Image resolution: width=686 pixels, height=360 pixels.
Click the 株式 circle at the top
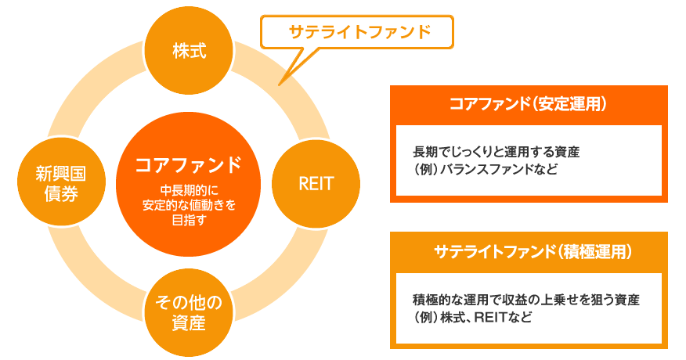pos(189,51)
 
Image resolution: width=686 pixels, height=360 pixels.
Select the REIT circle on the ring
pos(316,184)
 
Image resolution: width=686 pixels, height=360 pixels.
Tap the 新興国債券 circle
pos(56,184)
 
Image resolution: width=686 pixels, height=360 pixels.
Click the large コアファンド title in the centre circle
pos(188,166)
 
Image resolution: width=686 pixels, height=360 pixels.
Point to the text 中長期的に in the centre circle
pos(188,190)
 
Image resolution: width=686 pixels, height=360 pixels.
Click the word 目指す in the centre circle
pos(188,221)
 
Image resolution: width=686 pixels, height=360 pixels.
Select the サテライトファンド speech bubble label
pos(359,32)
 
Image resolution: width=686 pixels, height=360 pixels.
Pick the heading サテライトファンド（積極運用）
pos(529,252)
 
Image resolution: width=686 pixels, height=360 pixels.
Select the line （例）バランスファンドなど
pos(485,168)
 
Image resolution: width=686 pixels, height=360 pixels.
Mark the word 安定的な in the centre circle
pos(166,205)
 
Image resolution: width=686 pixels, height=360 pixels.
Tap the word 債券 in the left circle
pos(56,195)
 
